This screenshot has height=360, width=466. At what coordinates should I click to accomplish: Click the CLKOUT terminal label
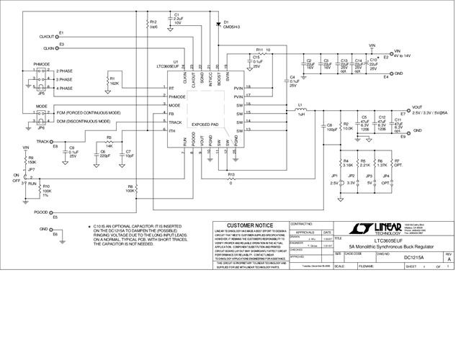click(46, 35)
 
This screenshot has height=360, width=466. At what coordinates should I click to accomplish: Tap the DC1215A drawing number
click(413, 256)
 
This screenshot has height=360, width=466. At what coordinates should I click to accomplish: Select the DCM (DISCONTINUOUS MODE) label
click(88, 120)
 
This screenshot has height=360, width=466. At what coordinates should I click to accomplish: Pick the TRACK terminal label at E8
click(42, 142)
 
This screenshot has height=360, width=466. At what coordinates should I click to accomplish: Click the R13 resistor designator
click(231, 175)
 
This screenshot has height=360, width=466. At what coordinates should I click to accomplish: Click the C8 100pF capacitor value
click(331, 130)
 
